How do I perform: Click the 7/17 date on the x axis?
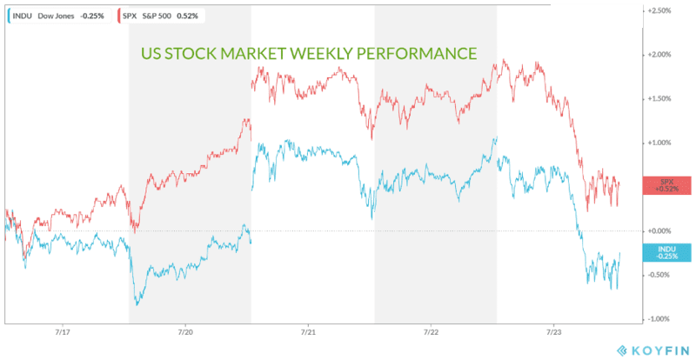tap(63, 332)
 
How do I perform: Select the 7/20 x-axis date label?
tap(185, 332)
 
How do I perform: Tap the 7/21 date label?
tap(309, 332)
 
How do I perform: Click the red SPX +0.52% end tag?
tap(667, 185)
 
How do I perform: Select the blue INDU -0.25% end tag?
tap(667, 252)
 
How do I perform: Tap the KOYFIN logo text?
tap(654, 349)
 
